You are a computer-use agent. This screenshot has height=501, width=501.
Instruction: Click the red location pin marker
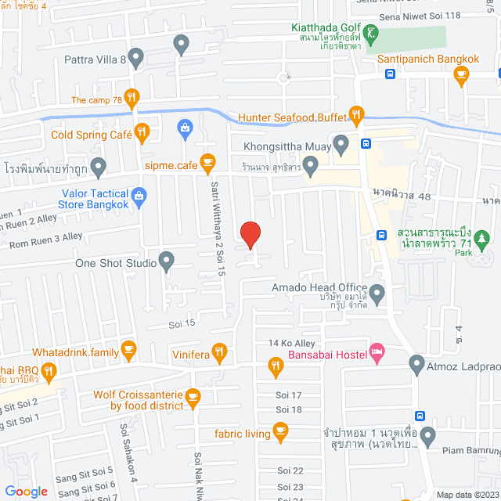click(x=250, y=235)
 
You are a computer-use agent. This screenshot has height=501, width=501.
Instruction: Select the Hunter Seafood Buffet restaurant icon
click(x=356, y=117)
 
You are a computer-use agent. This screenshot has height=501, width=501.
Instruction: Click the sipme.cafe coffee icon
click(x=207, y=162)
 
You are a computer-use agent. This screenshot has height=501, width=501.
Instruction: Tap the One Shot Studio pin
click(x=166, y=261)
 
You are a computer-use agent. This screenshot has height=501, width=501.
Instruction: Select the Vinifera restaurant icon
click(x=220, y=351)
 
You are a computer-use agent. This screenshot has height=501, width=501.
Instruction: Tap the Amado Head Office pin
click(x=377, y=294)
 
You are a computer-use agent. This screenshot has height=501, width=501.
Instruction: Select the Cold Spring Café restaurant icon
click(x=142, y=133)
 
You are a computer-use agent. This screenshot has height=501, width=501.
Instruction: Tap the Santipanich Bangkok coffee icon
click(x=461, y=75)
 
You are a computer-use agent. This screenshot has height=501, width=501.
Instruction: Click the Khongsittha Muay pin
click(x=341, y=143)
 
